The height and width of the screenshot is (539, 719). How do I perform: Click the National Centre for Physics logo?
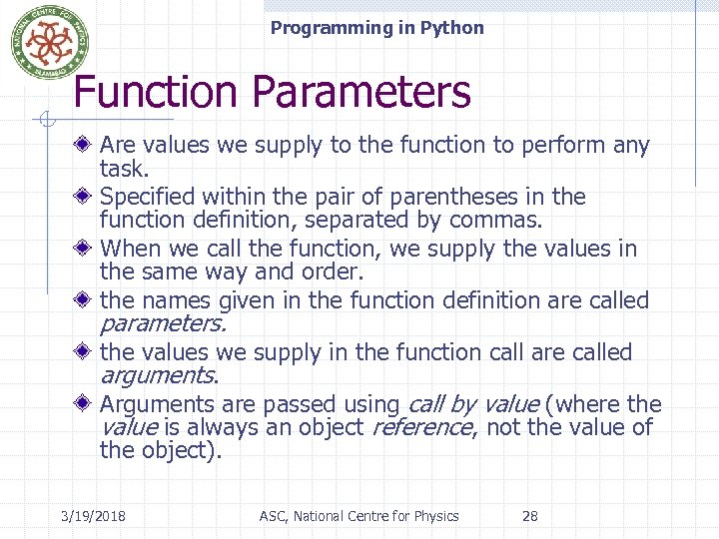pos(43,42)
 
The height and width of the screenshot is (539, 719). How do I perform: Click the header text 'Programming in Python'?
pos(376,28)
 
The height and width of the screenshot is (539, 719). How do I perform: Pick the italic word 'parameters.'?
pos(163,324)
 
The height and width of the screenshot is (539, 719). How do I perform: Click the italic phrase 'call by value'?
pos(472,404)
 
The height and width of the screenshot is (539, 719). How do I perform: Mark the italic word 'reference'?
pos(421,427)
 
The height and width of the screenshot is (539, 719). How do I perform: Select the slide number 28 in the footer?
pos(530,516)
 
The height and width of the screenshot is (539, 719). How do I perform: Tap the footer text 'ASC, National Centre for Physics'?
pos(359,516)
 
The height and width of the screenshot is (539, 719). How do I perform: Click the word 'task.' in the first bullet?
pos(124,169)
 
